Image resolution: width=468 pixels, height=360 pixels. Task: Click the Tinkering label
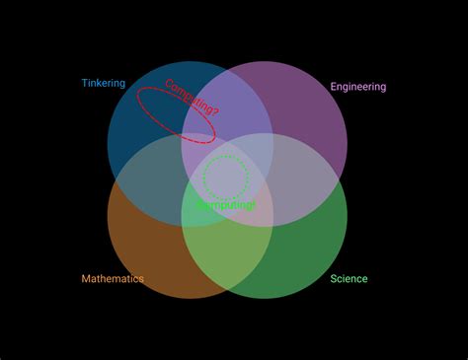[x=103, y=84]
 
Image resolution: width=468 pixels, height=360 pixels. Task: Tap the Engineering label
[x=357, y=87]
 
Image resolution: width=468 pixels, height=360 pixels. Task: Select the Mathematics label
[x=112, y=279]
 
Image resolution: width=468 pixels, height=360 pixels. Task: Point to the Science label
[x=349, y=279]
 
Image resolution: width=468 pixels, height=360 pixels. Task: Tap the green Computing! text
[x=225, y=205]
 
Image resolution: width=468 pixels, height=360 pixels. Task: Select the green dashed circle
[x=226, y=156]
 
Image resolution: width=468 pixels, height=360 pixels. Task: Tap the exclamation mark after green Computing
[x=254, y=205]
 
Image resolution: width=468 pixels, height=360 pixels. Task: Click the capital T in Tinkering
[x=84, y=84]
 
